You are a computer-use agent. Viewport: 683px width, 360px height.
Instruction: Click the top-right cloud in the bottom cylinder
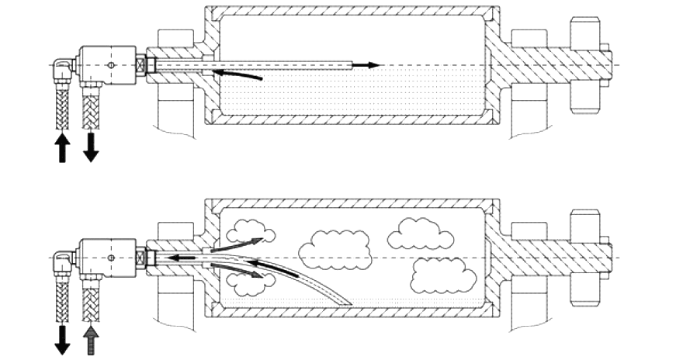pyautogui.click(x=419, y=232)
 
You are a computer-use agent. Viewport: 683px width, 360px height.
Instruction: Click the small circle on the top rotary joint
pyautogui.click(x=112, y=65)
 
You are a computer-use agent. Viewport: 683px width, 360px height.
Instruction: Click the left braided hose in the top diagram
pyautogui.click(x=62, y=109)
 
